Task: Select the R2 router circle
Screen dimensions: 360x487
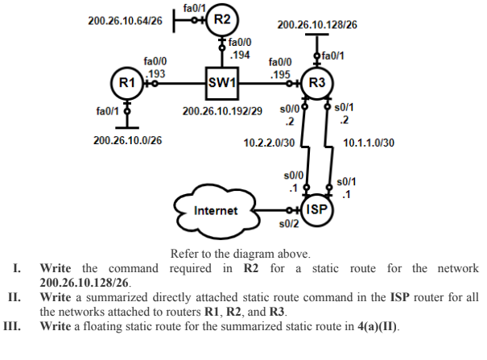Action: [x=222, y=20]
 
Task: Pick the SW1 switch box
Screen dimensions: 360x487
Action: [x=222, y=82]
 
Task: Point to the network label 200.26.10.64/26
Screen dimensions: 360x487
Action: [x=125, y=19]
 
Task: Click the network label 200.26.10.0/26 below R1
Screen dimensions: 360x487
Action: [x=127, y=140]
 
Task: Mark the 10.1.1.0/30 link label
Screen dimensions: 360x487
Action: [x=369, y=143]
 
